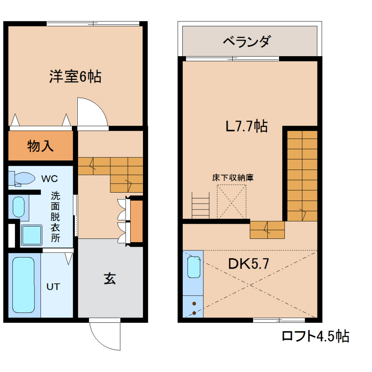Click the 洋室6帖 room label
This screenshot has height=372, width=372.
(75, 76)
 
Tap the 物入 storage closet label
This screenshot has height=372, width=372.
(41, 146)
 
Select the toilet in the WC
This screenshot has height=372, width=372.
(22, 179)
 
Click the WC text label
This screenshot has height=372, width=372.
(49, 179)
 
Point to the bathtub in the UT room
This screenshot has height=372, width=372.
(24, 285)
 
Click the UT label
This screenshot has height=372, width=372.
(53, 287)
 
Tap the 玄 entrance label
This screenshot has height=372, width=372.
(110, 279)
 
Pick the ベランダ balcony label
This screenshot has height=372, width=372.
(246, 41)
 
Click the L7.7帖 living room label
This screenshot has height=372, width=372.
(246, 126)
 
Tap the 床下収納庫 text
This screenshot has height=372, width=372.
(233, 177)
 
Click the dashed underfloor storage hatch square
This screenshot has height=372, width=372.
(231, 202)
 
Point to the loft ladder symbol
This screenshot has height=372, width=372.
(200, 205)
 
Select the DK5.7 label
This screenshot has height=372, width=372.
(248, 264)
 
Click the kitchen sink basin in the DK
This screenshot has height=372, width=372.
(194, 267)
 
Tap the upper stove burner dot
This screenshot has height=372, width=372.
(194, 303)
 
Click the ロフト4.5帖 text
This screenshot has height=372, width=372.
(315, 336)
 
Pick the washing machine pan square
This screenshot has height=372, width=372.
(31, 235)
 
